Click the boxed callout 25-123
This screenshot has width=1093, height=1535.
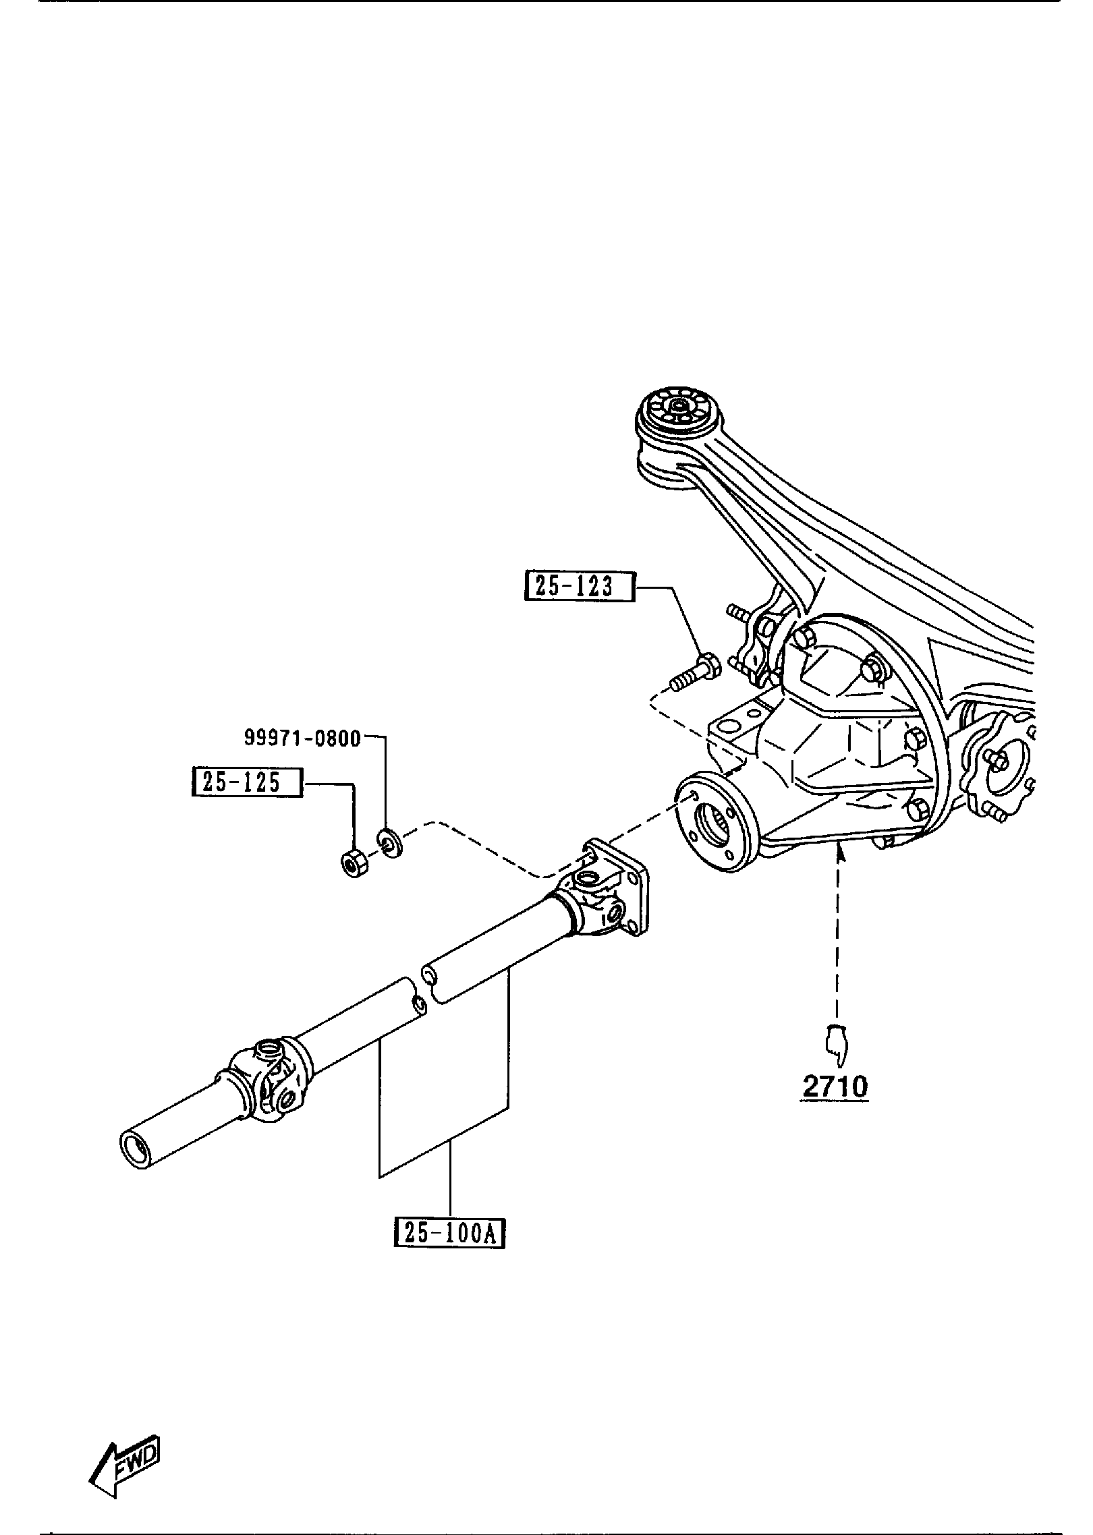[580, 586]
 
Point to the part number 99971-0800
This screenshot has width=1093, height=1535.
[302, 738]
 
